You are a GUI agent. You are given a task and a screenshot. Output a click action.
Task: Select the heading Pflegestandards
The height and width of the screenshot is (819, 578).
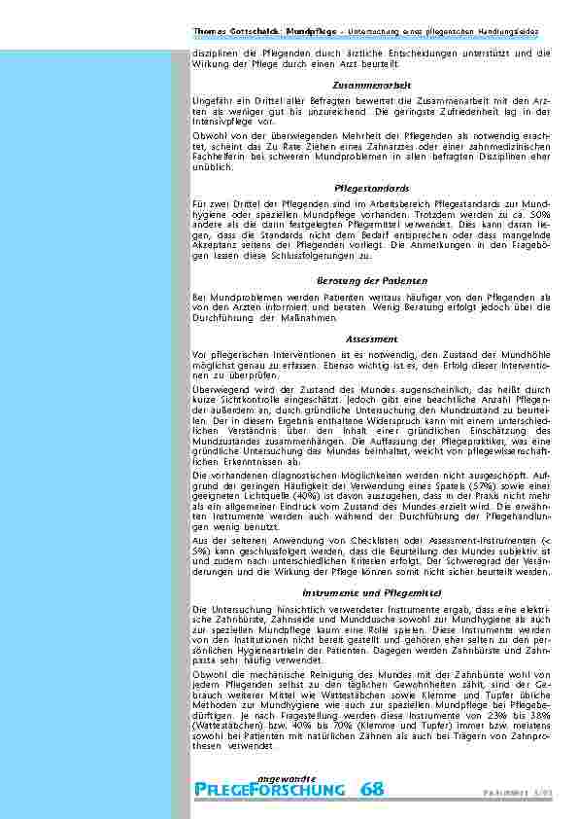coord(371,187)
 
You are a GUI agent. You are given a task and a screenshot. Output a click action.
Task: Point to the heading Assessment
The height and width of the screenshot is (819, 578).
coord(371,338)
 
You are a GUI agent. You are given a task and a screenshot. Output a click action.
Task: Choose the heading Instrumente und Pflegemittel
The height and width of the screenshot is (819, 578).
coord(371,591)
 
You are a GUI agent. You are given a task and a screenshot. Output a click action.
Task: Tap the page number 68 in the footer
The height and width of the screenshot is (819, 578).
coord(371,789)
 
